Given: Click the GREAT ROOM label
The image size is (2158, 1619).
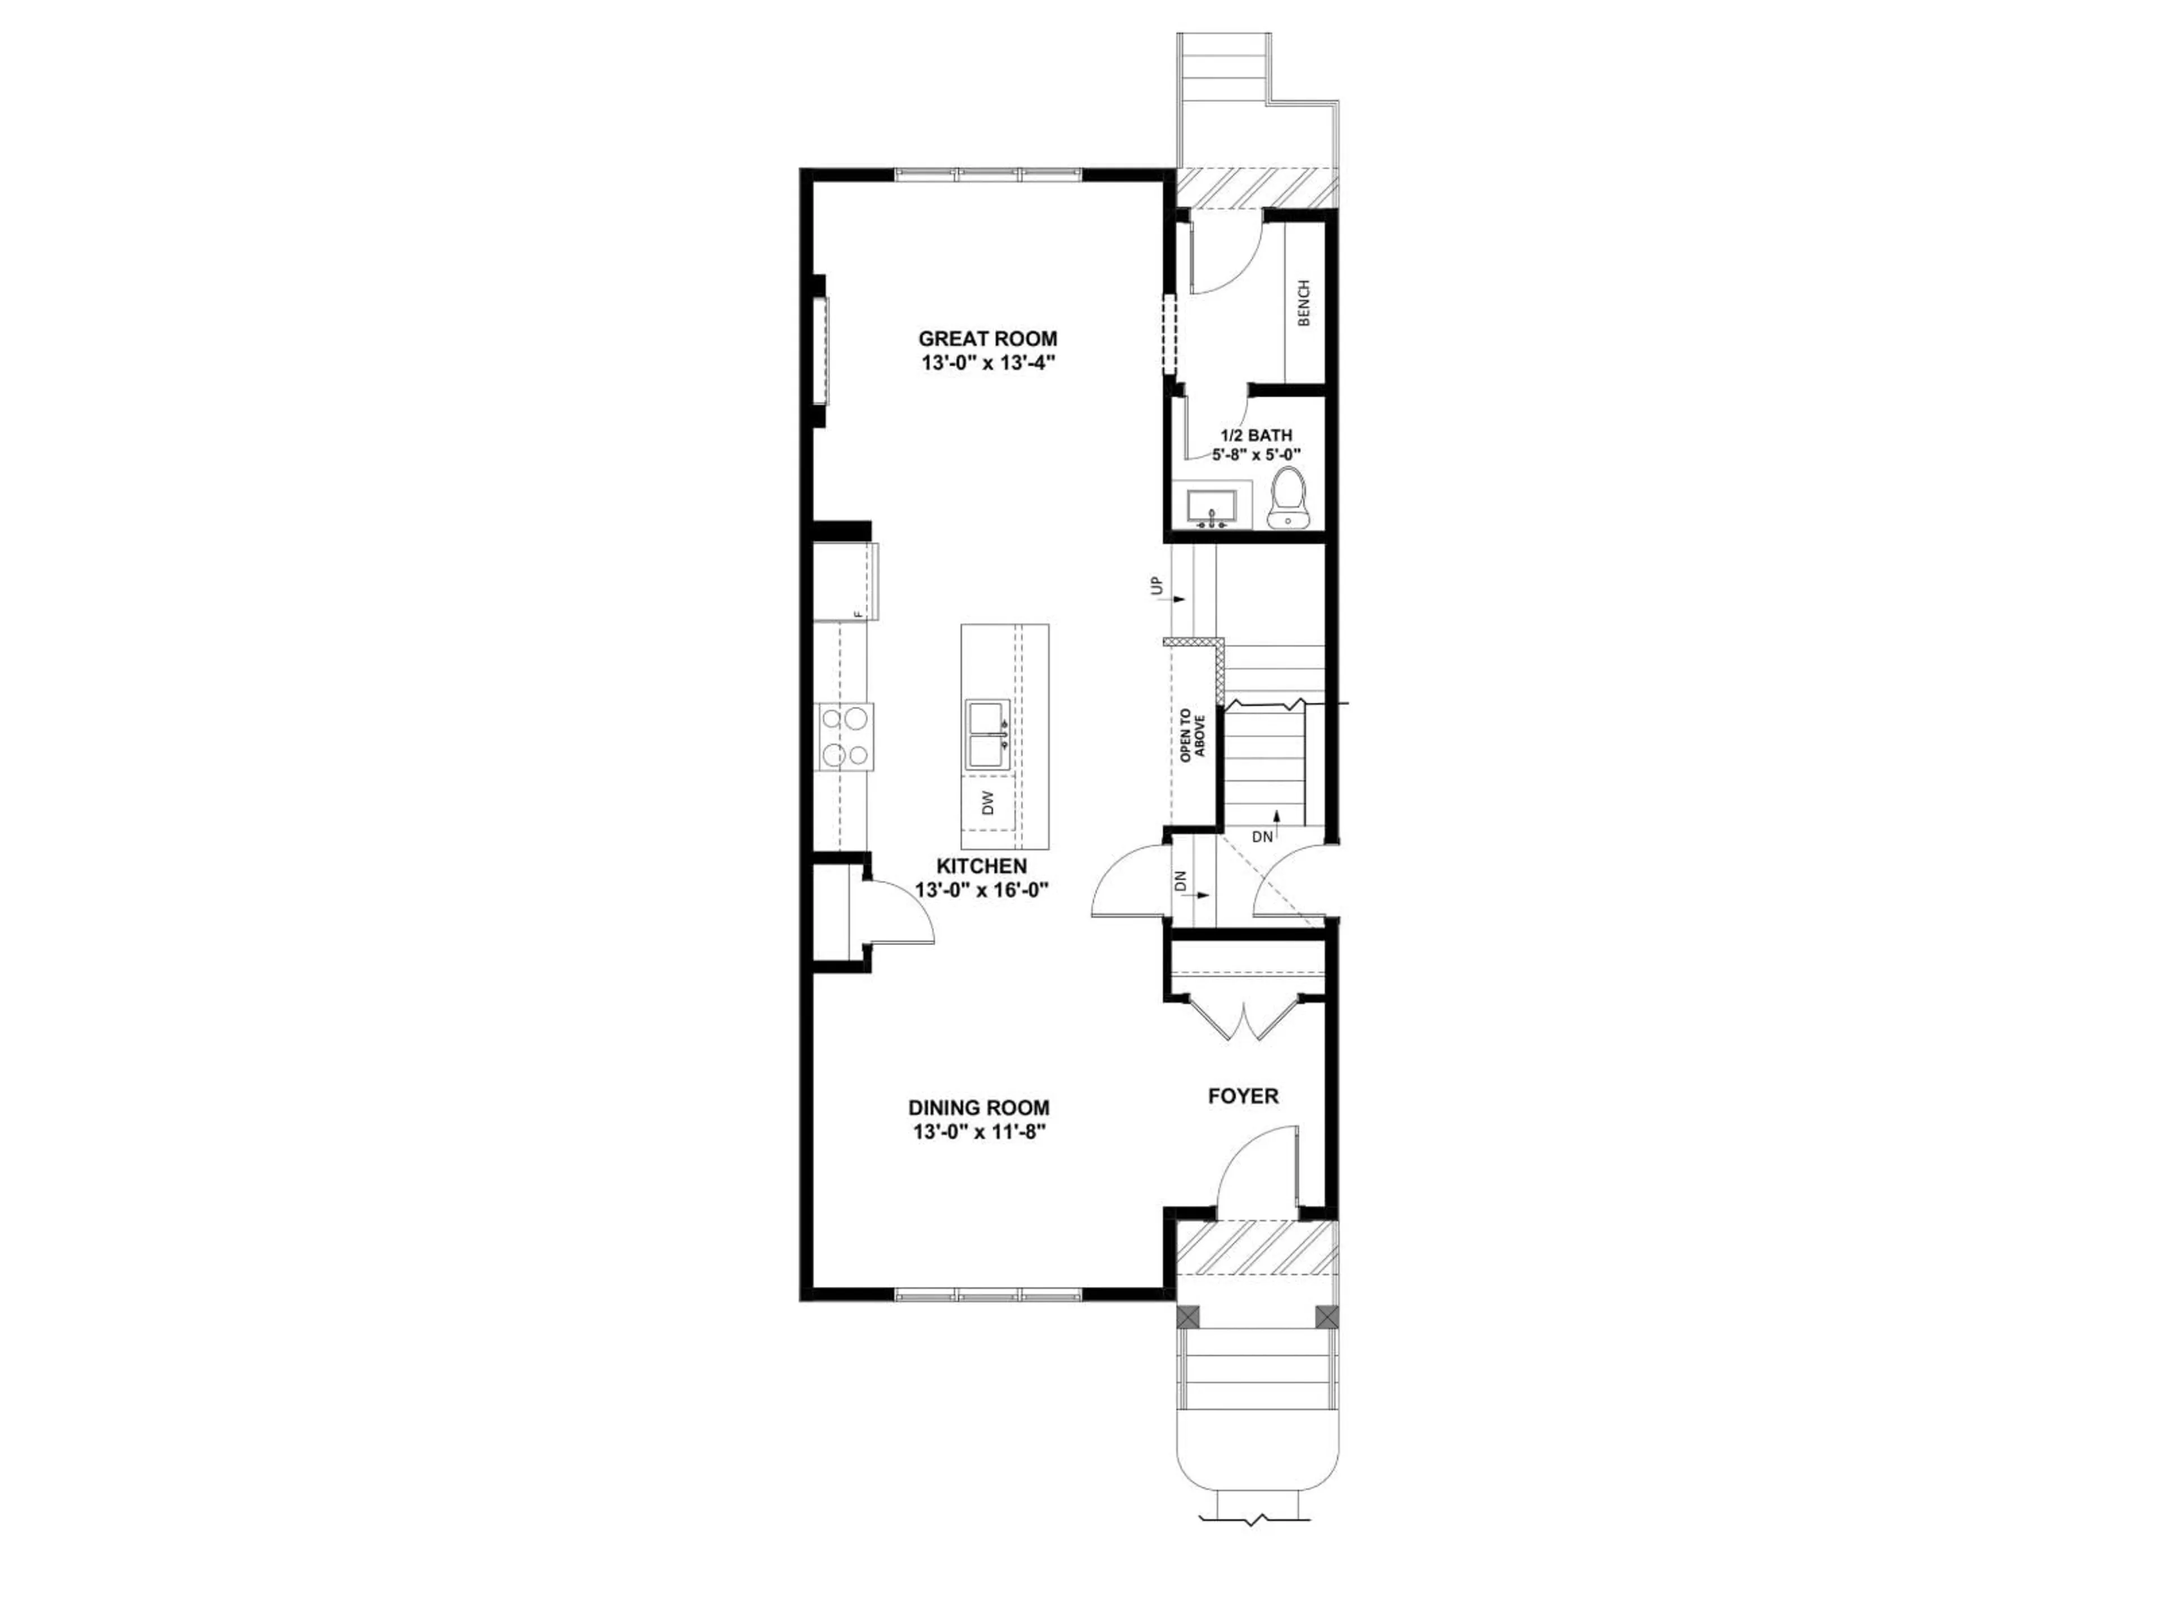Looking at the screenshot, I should coord(987,338).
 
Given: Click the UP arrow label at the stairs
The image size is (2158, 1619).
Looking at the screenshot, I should coord(1157,586).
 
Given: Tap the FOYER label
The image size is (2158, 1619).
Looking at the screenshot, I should coord(1243,1096).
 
